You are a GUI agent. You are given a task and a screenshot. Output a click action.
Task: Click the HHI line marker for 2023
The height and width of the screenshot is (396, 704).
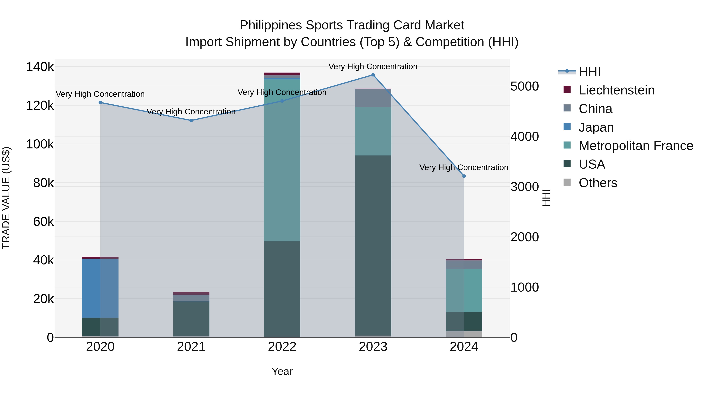[x=373, y=75]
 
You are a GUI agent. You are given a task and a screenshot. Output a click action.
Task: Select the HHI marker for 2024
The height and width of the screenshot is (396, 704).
[x=464, y=176]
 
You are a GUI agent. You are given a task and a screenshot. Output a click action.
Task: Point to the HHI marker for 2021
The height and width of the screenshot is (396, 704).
[x=191, y=120]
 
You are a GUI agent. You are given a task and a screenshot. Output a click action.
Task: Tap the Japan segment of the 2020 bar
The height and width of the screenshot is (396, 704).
[x=100, y=288]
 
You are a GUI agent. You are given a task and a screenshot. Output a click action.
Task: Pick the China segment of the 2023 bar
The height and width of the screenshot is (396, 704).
[x=373, y=98]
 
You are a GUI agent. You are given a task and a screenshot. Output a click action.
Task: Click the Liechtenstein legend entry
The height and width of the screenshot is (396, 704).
[x=616, y=90]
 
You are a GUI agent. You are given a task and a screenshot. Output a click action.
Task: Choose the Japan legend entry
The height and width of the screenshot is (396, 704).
[x=596, y=127]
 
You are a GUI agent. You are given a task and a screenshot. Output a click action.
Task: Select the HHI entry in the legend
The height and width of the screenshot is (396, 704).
[x=589, y=72]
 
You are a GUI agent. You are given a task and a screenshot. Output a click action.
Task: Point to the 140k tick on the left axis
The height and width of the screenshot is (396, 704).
[x=40, y=67]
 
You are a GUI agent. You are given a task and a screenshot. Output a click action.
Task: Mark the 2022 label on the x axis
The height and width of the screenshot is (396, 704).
[x=282, y=347]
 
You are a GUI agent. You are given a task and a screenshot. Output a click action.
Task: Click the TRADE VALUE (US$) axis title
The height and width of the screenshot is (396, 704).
[x=6, y=198]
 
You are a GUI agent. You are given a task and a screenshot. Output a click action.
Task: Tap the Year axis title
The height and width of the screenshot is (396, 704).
[x=282, y=371]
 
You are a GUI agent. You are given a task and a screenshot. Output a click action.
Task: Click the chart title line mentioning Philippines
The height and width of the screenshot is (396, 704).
[x=352, y=25]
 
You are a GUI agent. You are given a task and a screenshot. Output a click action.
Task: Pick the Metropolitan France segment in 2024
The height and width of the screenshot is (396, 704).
[x=464, y=291]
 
